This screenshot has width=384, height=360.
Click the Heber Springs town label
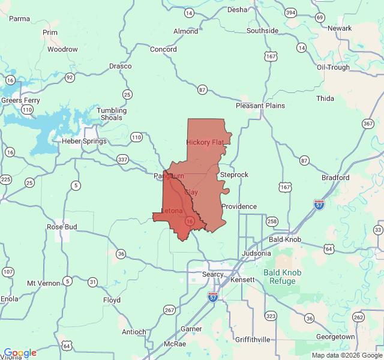coord(84,142)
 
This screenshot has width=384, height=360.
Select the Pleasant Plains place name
coord(260,106)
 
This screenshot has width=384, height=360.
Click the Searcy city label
coord(213,274)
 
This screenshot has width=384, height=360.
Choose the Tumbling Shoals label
coord(112,114)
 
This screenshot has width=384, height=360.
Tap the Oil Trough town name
coord(333,67)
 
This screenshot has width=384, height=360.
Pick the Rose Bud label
coord(62,227)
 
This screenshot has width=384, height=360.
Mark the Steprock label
coord(234,175)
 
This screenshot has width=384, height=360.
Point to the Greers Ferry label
coord(20,100)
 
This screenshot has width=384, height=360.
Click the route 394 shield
coord(290,13)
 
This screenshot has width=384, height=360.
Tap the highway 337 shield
coord(123,159)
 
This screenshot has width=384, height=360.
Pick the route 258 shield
coord(272,221)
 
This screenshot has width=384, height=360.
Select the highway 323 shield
coord(271,316)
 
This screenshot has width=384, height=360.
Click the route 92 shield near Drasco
coord(70,77)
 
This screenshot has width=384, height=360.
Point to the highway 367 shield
coord(368,124)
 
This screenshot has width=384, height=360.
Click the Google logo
coord(20,353)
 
